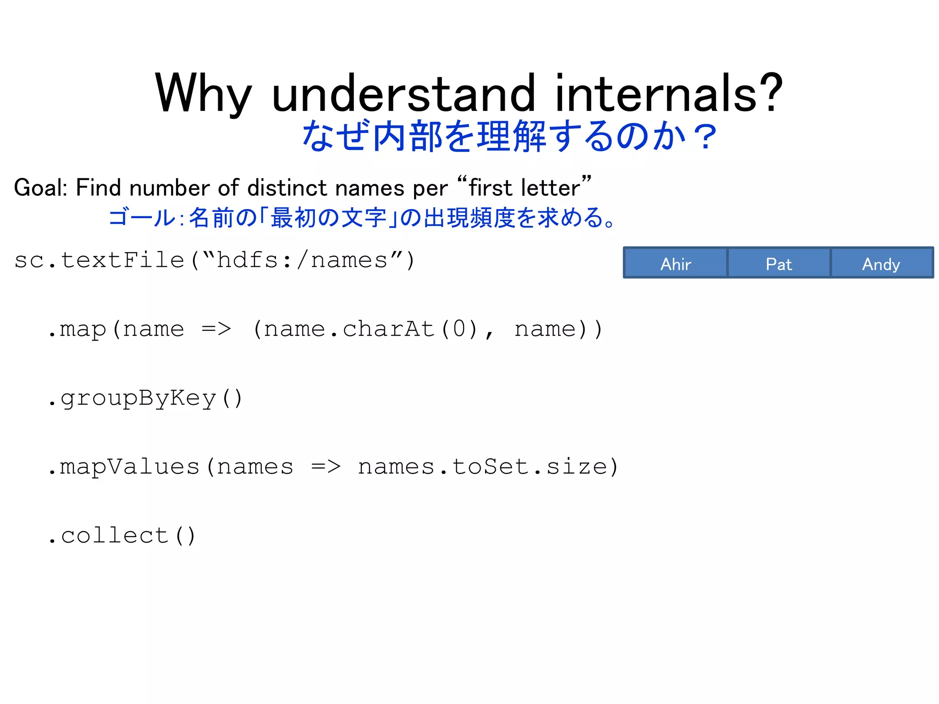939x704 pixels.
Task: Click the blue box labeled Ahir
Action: point(675,263)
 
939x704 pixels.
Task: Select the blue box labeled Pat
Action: point(779,263)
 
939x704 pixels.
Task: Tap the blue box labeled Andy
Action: point(881,263)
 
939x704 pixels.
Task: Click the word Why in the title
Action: point(204,93)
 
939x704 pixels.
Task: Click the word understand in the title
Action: point(403,93)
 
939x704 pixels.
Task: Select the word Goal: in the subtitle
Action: point(41,188)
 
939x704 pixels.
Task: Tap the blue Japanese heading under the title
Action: point(508,136)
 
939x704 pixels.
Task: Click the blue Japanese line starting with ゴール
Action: point(362,218)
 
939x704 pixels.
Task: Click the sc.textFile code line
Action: point(215,260)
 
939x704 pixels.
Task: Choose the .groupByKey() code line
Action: point(145,398)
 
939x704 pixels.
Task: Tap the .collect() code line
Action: point(122,535)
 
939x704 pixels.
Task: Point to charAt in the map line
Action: point(388,329)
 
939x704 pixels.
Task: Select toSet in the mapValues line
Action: point(490,467)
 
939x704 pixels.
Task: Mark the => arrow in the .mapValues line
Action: point(326,467)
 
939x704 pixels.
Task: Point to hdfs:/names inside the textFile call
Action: point(302,260)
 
